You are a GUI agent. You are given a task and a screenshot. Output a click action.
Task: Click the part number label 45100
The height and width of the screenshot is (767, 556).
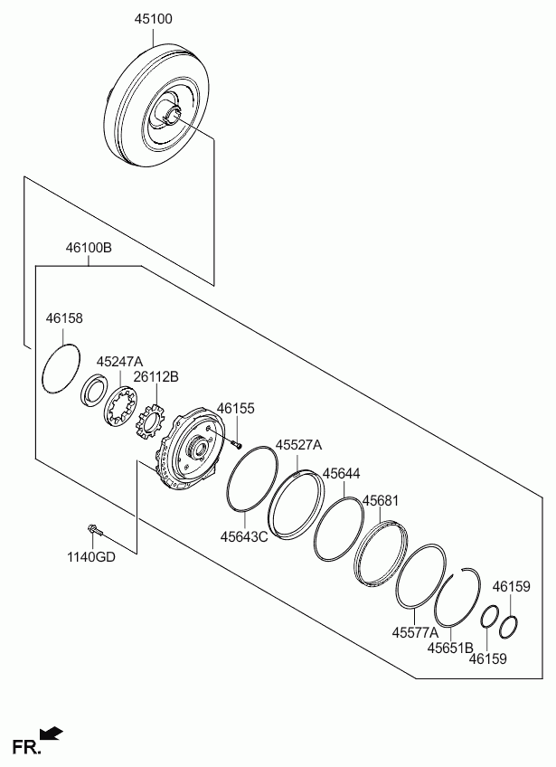pos(154,19)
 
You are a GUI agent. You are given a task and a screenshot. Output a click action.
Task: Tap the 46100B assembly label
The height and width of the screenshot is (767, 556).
pos(89,248)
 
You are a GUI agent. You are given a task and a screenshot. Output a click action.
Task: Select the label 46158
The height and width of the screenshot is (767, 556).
pos(64,318)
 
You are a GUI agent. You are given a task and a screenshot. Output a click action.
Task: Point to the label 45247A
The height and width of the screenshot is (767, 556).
pos(119,362)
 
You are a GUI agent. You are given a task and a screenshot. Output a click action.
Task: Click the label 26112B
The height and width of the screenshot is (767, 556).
pos(156,376)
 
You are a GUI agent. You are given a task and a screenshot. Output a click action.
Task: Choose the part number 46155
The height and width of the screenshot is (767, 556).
pos(236,409)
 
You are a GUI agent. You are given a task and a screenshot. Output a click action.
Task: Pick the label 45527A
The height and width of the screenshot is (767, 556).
pos(298,445)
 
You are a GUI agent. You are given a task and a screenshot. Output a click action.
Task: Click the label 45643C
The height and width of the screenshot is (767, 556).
pos(244,536)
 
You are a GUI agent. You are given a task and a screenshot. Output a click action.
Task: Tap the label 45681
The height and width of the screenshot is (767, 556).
pos(381,501)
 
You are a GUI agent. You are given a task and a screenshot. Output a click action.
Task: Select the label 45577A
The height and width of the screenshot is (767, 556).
pos(415,632)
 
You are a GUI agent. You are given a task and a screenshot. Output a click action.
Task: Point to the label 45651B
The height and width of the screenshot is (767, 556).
pos(450,648)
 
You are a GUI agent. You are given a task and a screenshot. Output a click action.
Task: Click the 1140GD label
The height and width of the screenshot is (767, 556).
pos(91,556)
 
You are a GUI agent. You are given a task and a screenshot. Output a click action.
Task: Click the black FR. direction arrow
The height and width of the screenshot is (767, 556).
pos(51,733)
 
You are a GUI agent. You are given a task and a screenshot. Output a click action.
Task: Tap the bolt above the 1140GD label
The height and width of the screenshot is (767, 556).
pos(95,530)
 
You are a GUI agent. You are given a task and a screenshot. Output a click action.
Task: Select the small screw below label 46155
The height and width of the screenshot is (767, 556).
pos(236,445)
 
